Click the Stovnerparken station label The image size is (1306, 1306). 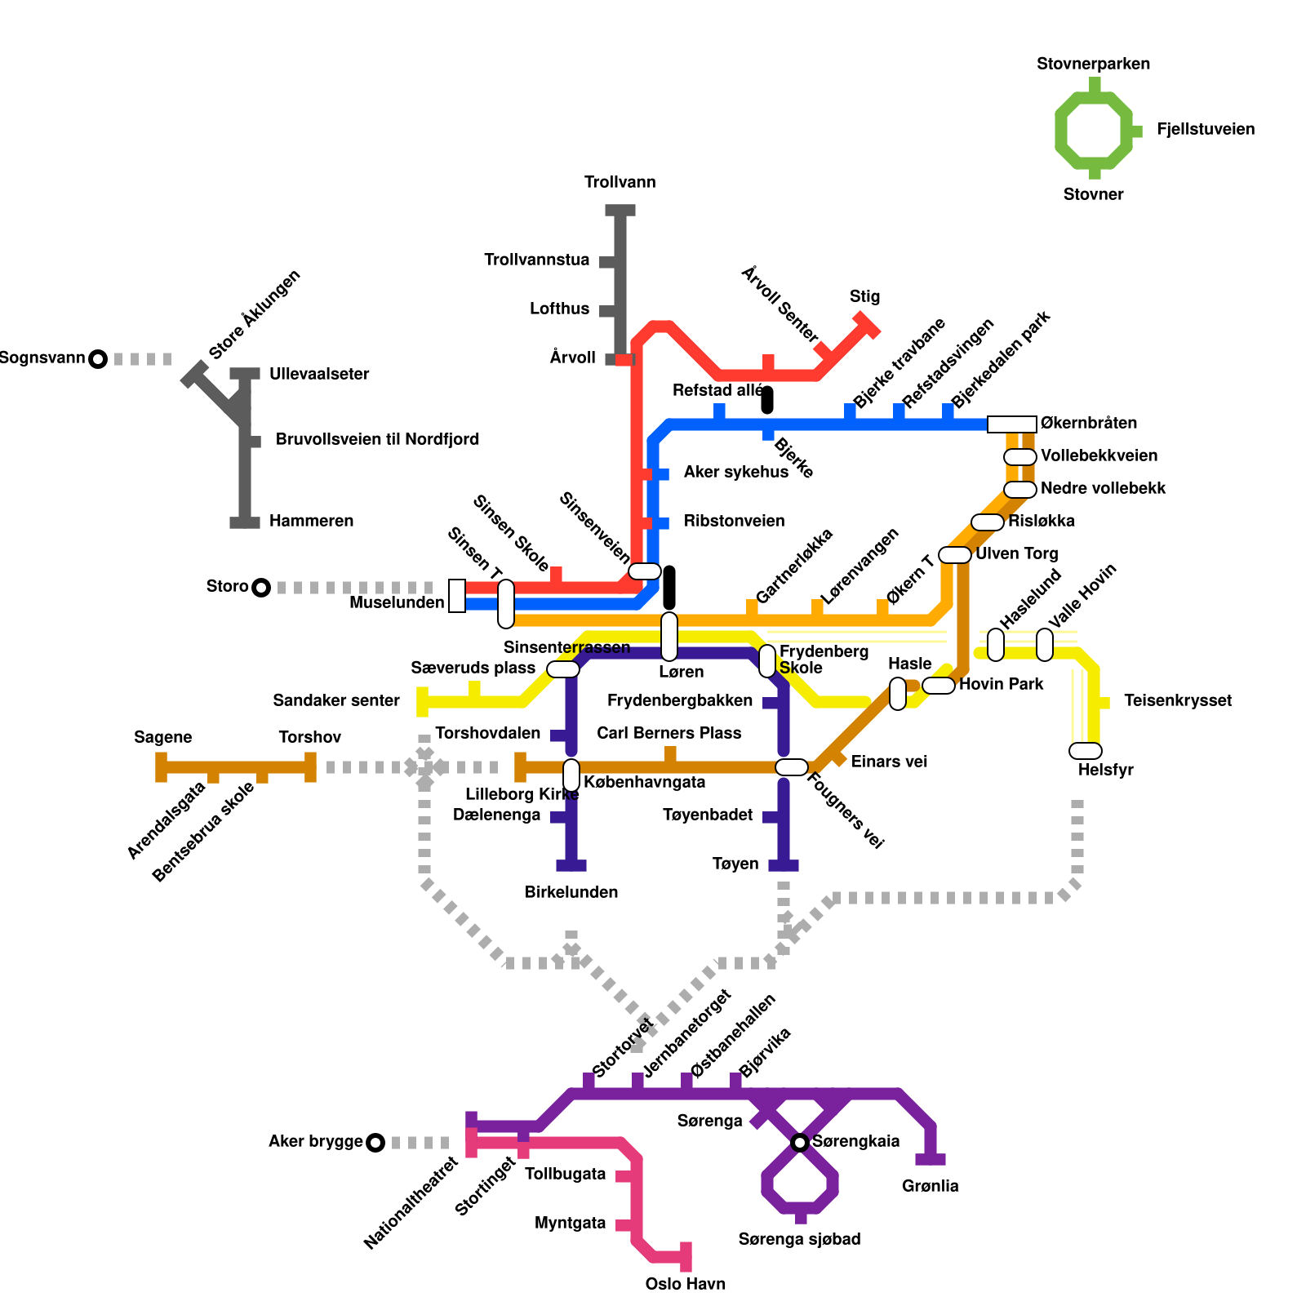[x=1093, y=64]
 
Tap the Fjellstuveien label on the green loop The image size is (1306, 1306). [x=1205, y=129]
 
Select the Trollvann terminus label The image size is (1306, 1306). [x=620, y=182]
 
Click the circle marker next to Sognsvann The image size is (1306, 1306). [x=98, y=359]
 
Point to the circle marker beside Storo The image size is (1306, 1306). [x=260, y=588]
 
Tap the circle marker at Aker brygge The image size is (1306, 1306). [x=375, y=1143]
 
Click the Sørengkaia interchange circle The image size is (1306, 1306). [x=800, y=1143]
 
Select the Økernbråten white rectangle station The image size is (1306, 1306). [x=1011, y=424]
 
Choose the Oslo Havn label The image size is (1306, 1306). [x=685, y=1284]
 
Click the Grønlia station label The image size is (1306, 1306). [x=930, y=1186]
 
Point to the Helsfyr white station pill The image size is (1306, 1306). [x=1085, y=751]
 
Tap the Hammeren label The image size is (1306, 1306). [x=311, y=521]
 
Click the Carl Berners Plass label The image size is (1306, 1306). [x=669, y=733]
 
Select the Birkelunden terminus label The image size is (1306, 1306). [x=571, y=892]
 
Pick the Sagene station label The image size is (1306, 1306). [x=162, y=737]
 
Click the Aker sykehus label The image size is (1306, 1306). [x=735, y=472]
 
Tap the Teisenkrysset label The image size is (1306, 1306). [x=1177, y=700]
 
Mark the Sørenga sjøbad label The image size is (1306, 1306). [x=799, y=1239]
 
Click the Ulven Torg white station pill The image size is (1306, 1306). [x=954, y=555]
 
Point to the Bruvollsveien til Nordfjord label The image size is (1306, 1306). [x=377, y=439]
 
